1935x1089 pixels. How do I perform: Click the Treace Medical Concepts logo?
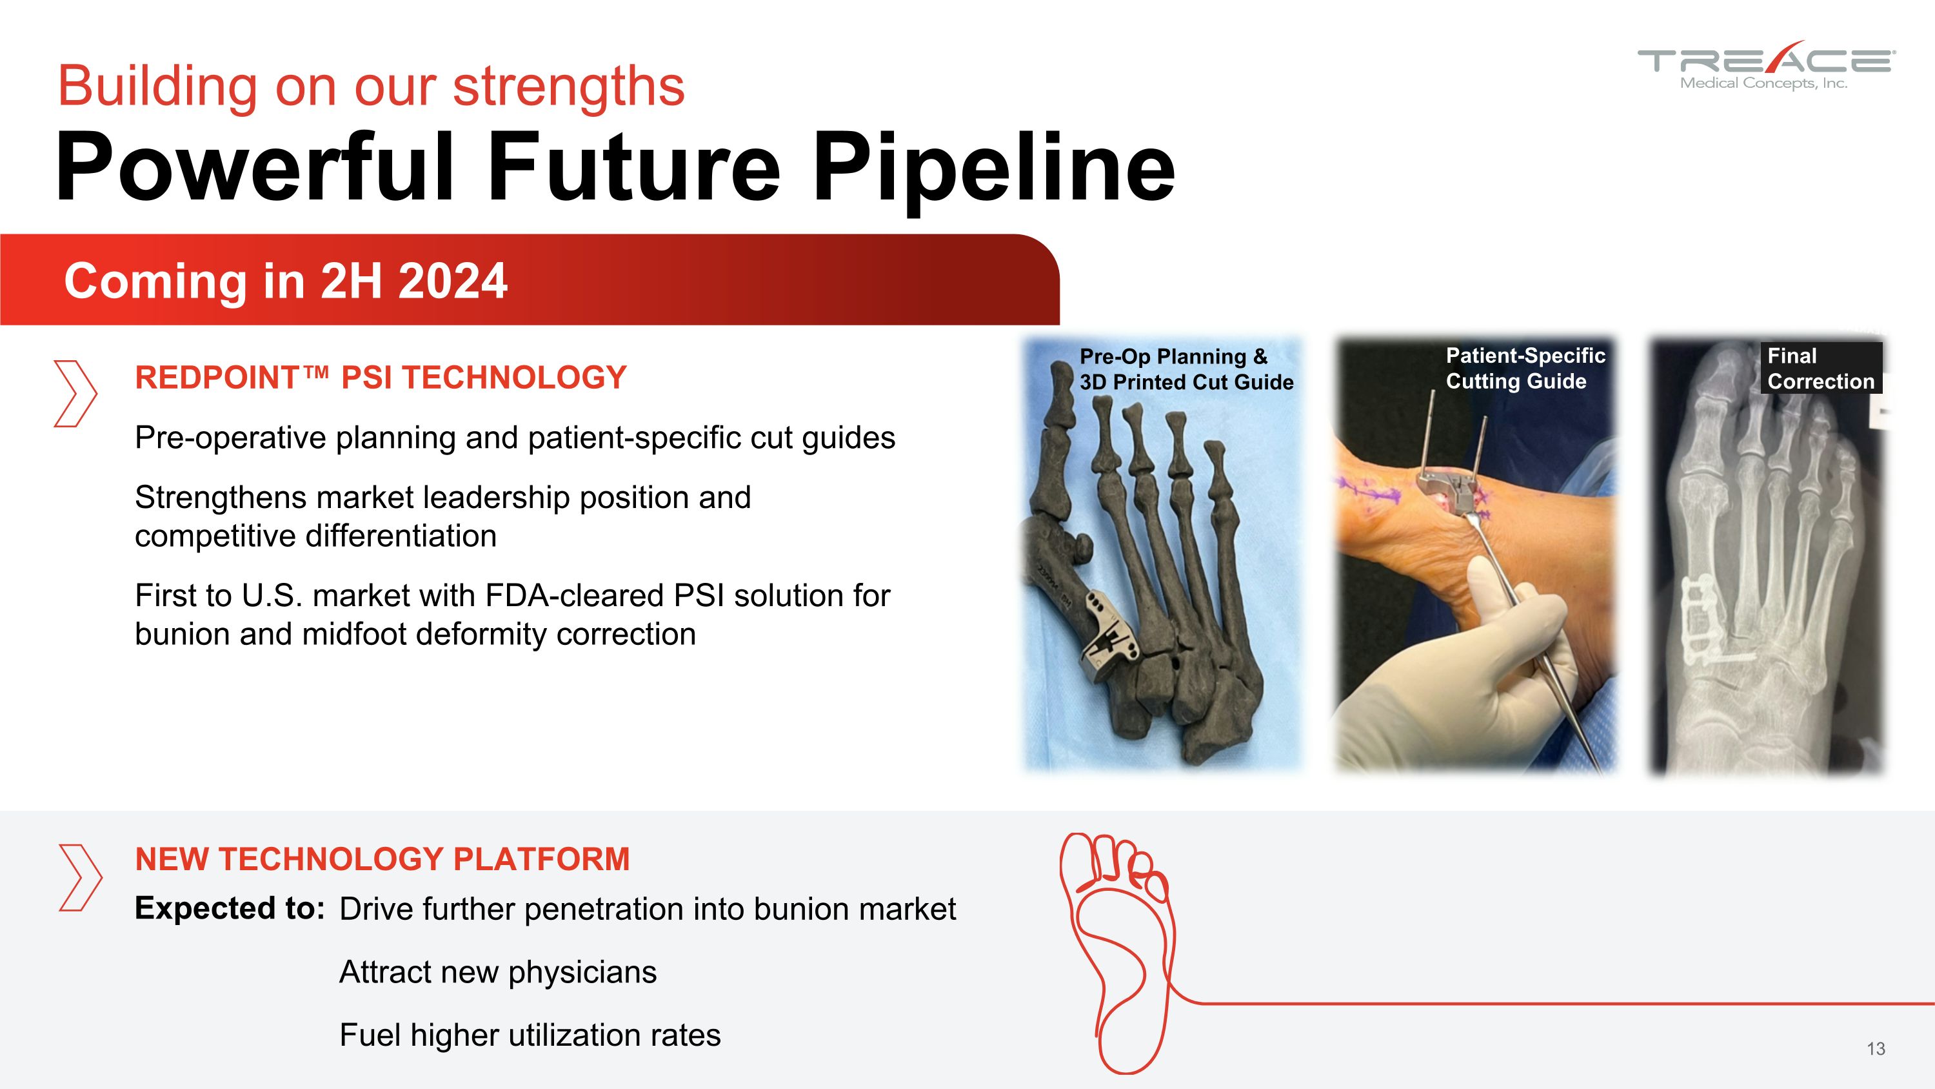click(x=1765, y=66)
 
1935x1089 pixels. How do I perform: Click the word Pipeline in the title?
click(x=993, y=168)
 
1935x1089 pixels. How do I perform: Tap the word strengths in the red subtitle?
click(x=569, y=87)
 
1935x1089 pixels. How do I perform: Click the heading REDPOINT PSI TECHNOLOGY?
click(x=380, y=377)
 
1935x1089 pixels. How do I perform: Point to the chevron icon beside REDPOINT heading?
click(x=75, y=394)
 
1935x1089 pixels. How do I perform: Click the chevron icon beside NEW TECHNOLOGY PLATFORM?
click(x=79, y=877)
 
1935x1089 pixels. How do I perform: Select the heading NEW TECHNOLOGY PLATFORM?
click(x=382, y=859)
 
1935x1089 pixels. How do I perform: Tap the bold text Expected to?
click(x=229, y=909)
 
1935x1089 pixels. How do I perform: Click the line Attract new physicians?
click(x=497, y=972)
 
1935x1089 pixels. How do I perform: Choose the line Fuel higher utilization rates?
click(x=530, y=1035)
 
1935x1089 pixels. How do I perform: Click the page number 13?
click(x=1876, y=1048)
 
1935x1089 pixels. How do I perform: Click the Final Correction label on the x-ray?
click(x=1820, y=368)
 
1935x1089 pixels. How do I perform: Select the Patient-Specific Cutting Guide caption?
click(x=1524, y=368)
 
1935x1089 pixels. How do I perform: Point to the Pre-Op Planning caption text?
click(x=1186, y=369)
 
